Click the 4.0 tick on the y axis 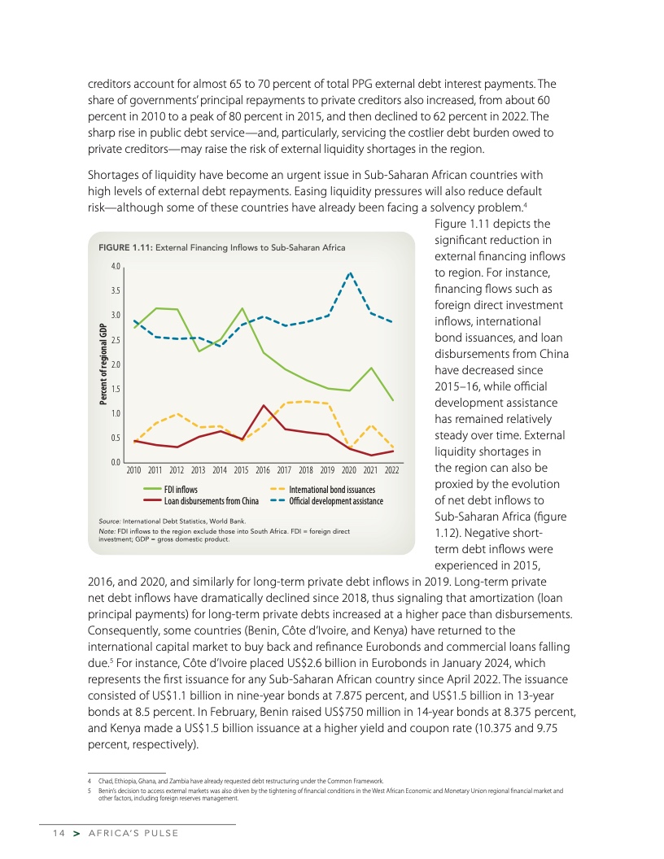(116, 267)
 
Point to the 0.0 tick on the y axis (116, 462)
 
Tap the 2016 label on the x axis (263, 471)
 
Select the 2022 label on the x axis (392, 471)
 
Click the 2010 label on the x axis (134, 471)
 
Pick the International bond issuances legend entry (334, 490)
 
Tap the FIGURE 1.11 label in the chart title (124, 247)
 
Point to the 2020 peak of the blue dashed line (350, 273)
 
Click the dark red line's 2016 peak (264, 405)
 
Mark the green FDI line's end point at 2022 (392, 400)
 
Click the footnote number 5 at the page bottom (88, 790)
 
